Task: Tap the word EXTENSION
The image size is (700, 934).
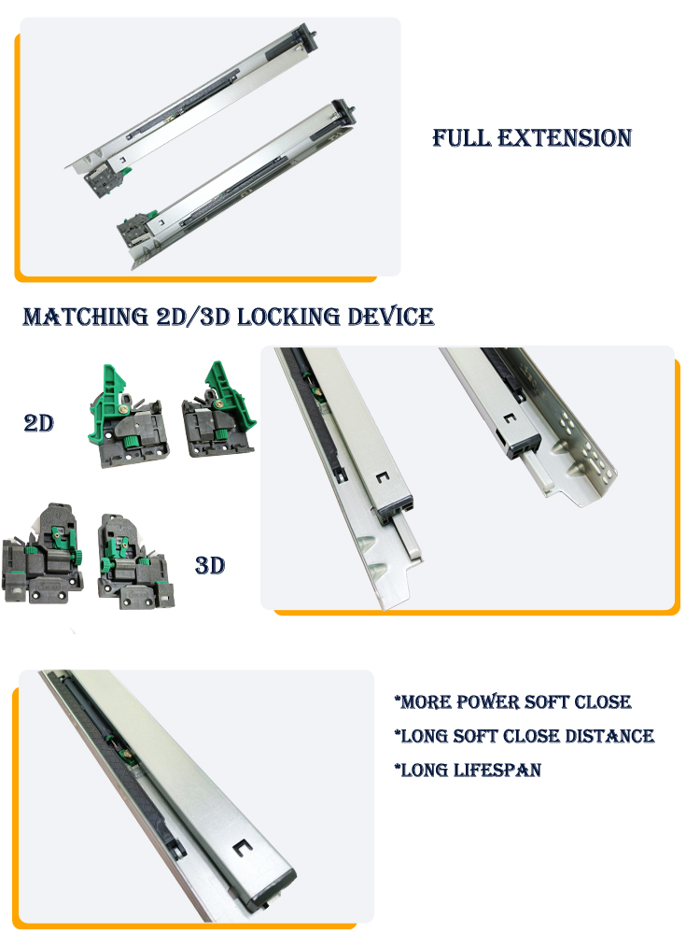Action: click(x=565, y=137)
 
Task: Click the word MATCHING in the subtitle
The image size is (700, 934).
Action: click(x=86, y=317)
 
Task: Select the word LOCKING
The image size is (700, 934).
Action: click(x=289, y=317)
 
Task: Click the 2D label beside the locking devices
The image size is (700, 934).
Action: click(x=38, y=423)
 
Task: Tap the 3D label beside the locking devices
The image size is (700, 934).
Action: click(x=210, y=565)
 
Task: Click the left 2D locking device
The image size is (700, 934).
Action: click(x=127, y=417)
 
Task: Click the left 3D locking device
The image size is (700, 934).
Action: click(x=42, y=553)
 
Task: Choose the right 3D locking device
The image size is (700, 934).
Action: click(x=135, y=561)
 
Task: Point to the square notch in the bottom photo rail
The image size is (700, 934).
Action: click(x=242, y=847)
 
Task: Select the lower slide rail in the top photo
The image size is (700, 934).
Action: click(x=241, y=185)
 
